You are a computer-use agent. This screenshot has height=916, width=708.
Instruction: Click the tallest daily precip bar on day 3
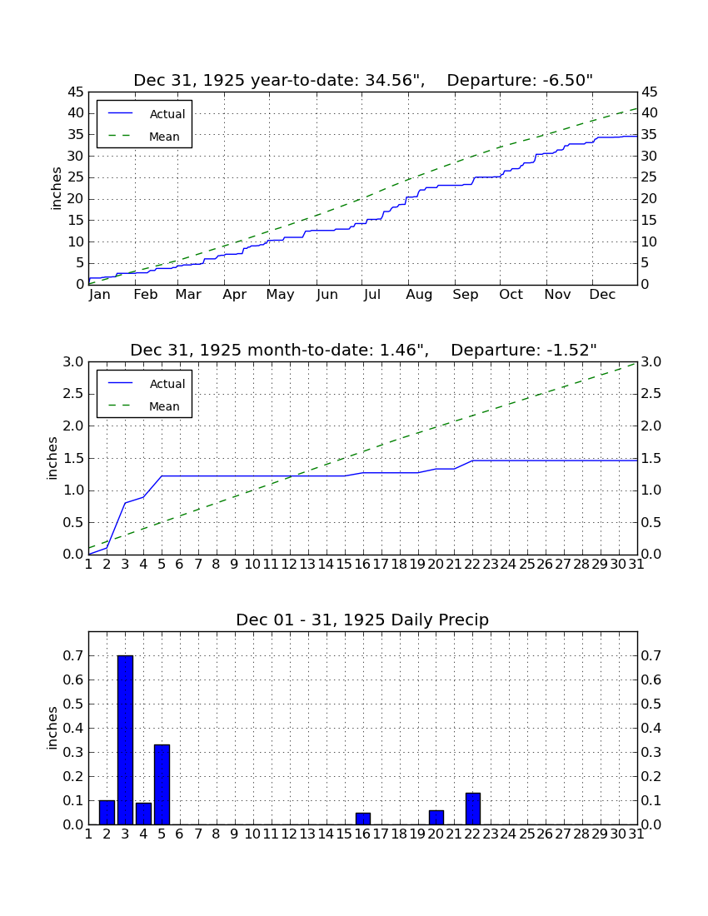[x=125, y=739]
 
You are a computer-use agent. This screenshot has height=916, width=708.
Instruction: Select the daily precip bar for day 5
[x=162, y=784]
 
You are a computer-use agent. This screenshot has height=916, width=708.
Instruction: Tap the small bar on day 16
[x=363, y=819]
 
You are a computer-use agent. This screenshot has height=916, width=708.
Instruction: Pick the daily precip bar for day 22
[x=472, y=809]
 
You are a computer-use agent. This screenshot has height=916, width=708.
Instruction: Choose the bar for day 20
[x=436, y=817]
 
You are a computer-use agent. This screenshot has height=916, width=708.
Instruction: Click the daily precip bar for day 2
[x=107, y=812]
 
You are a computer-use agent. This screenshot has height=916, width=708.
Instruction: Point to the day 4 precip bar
[x=144, y=814]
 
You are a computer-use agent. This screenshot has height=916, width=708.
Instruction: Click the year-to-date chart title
[x=363, y=80]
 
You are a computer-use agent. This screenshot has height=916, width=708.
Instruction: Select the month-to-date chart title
[x=363, y=350]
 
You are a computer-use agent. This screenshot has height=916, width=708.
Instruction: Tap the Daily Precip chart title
[x=362, y=620]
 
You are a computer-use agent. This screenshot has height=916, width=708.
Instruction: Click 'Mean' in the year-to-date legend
[x=164, y=137]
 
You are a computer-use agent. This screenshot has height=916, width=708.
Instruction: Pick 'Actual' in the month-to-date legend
[x=167, y=384]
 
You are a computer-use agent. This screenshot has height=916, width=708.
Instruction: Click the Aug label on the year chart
[x=420, y=295]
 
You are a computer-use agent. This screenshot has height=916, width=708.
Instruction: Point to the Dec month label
[x=602, y=295]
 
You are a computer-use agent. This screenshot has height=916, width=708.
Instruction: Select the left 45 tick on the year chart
[x=75, y=92]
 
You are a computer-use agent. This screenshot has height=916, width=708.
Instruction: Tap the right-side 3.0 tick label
[x=651, y=362]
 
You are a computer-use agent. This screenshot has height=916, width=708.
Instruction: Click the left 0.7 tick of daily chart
[x=73, y=656]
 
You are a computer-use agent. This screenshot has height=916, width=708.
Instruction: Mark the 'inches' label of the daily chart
[x=52, y=728]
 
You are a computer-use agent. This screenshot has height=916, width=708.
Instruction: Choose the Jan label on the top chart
[x=100, y=295]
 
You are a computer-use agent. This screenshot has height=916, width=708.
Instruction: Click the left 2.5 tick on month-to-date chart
[x=73, y=395]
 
